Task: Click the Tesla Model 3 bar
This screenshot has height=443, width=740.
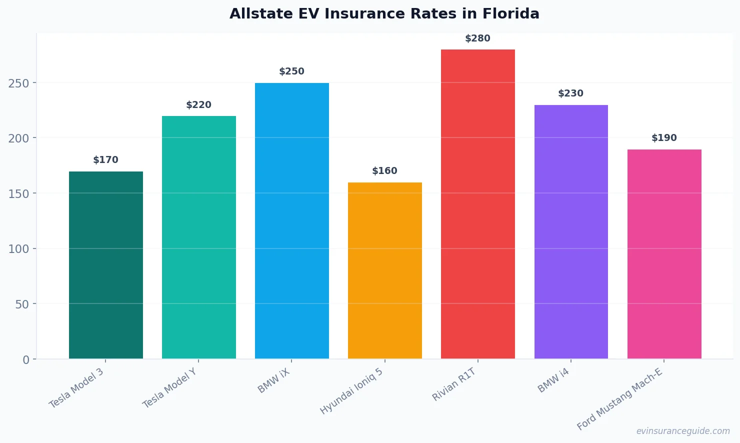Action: tap(106, 265)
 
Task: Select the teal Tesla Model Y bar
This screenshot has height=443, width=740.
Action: tap(199, 237)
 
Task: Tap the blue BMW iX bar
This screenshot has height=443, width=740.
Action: tap(292, 220)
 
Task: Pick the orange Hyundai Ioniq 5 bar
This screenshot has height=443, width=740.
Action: tap(385, 270)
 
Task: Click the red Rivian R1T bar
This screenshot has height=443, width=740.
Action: tap(478, 204)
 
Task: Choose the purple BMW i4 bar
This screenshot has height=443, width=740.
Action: tap(571, 231)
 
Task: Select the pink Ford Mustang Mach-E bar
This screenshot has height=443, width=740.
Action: tap(664, 254)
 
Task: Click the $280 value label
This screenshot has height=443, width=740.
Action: tap(477, 38)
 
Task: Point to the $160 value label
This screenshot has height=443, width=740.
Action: tap(384, 171)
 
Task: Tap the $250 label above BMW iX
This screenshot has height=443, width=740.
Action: tap(291, 71)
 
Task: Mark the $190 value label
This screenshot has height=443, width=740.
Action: tap(664, 138)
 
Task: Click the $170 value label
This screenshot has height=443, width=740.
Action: tap(105, 160)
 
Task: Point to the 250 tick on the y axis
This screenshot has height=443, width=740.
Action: tap(18, 83)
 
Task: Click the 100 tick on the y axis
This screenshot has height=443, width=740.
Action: tap(18, 249)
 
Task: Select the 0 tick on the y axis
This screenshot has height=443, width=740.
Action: tap(26, 360)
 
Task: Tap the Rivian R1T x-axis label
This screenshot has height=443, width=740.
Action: tap(454, 384)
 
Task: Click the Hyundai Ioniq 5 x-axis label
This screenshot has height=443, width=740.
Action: tap(351, 391)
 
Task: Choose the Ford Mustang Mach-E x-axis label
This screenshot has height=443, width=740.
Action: tap(619, 399)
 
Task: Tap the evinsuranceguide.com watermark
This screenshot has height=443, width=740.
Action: tap(682, 431)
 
